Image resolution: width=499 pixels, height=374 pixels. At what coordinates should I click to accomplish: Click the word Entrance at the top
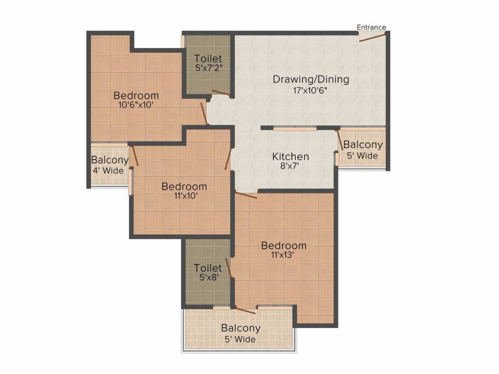(371, 27)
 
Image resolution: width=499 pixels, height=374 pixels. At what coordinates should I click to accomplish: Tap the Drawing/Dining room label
(311, 79)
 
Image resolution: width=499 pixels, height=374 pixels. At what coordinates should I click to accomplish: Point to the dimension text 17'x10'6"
(311, 90)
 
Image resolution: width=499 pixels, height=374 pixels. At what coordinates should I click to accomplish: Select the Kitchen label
(290, 156)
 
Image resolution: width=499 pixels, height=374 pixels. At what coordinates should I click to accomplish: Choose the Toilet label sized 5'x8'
(208, 268)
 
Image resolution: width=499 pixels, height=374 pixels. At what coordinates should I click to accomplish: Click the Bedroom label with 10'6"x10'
(136, 95)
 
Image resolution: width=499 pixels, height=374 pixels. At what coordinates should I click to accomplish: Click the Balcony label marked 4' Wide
(110, 160)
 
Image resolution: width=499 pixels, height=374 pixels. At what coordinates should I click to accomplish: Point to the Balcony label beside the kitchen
(363, 145)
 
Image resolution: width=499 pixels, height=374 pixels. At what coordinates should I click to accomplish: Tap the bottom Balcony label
(241, 328)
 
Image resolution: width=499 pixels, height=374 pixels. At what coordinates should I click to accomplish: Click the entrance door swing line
(373, 37)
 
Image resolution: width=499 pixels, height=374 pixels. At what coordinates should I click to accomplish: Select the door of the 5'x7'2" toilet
(221, 93)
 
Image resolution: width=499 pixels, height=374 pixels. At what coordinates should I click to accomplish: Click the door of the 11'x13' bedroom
(246, 195)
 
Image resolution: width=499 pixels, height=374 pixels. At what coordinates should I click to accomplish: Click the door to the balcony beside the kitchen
(340, 139)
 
